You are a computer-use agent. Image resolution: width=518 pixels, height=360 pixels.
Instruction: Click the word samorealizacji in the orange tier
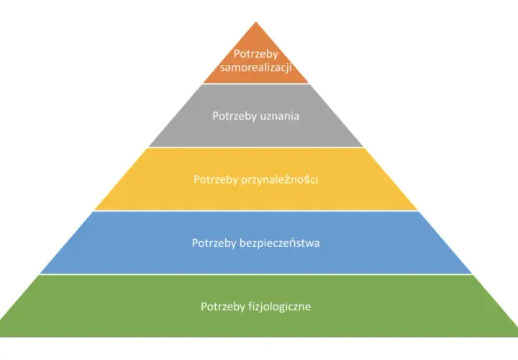255,68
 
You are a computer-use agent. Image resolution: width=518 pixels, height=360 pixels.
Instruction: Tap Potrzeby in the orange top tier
255,54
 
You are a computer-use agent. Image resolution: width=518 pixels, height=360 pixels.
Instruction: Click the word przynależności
279,179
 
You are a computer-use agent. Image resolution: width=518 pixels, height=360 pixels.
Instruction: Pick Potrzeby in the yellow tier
216,180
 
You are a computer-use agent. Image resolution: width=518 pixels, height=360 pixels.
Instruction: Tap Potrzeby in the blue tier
214,243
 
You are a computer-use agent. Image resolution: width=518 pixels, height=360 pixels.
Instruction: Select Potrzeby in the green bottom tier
223,307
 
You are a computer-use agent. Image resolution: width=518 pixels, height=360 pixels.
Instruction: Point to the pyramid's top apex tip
255,22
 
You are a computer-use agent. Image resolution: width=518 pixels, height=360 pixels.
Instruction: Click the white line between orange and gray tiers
255,84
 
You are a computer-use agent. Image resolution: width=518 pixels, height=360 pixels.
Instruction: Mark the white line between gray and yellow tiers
255,147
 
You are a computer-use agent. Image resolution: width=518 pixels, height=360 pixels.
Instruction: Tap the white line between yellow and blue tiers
255,210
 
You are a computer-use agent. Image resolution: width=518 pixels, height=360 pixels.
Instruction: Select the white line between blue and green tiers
255,274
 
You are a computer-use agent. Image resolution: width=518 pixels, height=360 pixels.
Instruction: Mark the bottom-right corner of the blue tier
472,274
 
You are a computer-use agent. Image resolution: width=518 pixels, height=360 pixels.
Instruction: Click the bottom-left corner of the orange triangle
203,83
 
